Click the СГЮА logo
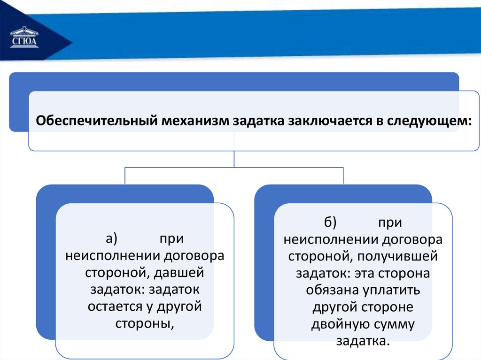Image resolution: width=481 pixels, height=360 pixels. point(24,38)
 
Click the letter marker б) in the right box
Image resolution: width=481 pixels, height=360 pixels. point(330,222)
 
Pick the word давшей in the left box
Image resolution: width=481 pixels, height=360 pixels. point(178,273)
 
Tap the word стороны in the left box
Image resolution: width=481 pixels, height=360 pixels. point(145,324)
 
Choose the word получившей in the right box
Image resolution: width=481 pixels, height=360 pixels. point(397,256)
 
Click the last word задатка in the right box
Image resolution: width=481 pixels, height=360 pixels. point(363,341)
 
